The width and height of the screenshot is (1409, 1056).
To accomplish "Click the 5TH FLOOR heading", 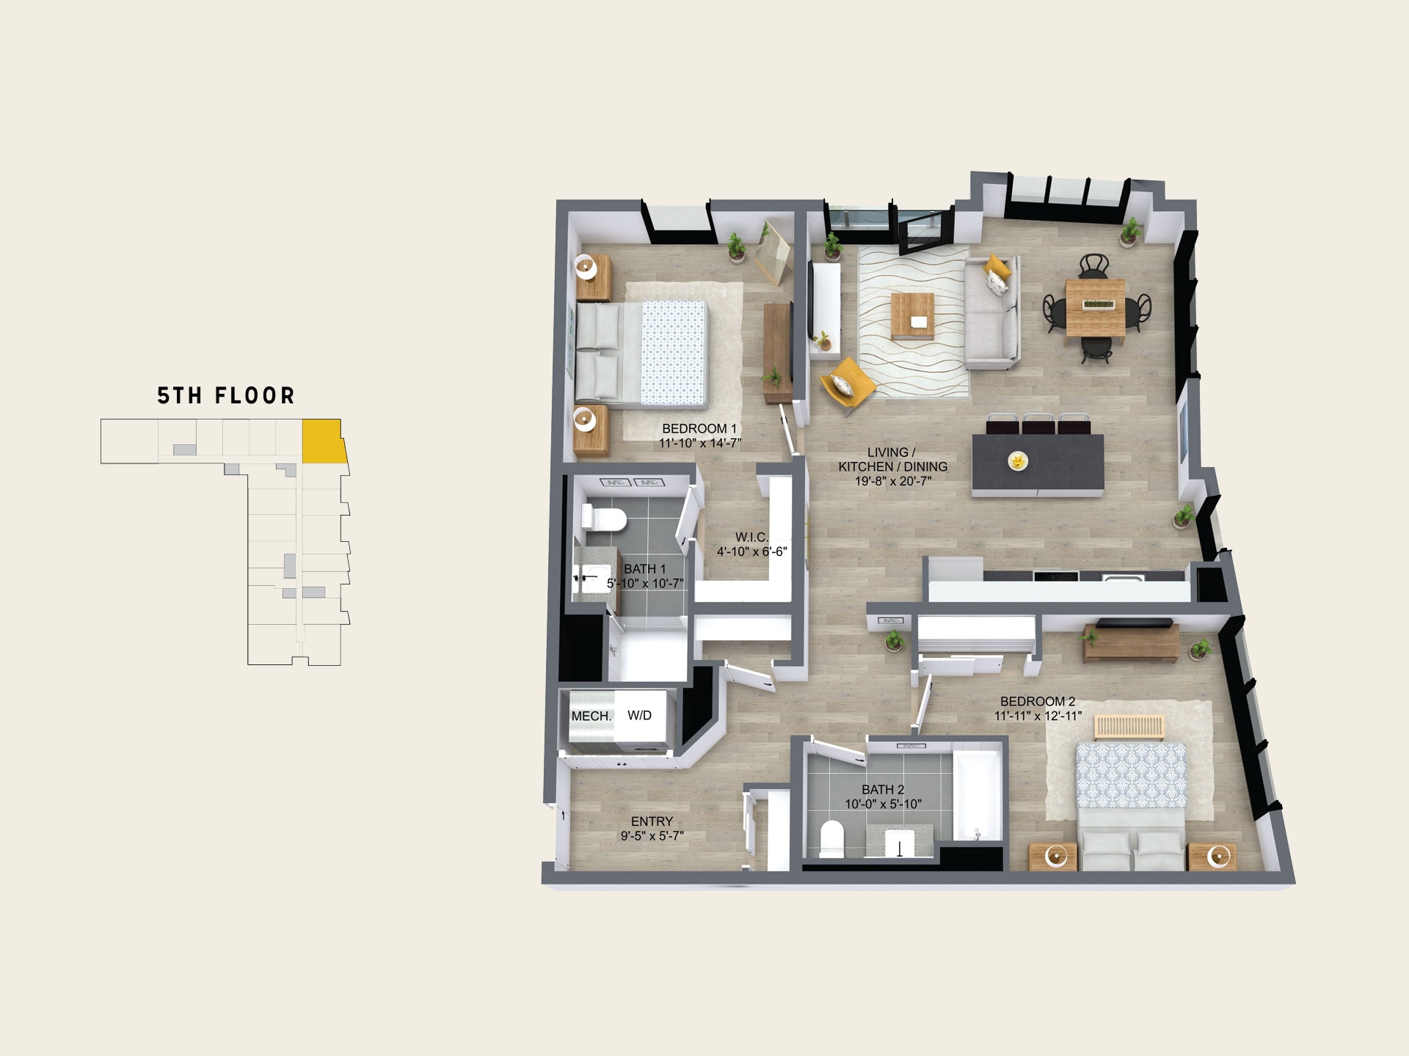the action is click(x=226, y=396).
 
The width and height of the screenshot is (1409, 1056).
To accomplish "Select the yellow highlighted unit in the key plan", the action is click(x=324, y=441).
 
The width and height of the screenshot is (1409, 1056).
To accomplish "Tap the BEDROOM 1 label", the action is click(x=699, y=428).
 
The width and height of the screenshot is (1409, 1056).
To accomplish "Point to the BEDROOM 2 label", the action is click(x=1038, y=701).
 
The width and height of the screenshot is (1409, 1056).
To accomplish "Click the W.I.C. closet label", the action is click(x=752, y=537).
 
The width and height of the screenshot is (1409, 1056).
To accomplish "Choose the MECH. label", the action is click(x=591, y=716).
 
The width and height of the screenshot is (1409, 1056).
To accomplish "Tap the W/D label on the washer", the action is click(x=639, y=715).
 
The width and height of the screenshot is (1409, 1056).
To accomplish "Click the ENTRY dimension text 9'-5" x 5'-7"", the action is click(x=652, y=835).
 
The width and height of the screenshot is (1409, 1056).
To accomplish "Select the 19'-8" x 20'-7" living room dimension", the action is click(x=893, y=481).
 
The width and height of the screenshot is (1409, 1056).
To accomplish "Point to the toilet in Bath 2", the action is click(x=831, y=839).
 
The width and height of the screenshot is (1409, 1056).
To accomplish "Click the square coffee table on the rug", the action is click(x=912, y=316).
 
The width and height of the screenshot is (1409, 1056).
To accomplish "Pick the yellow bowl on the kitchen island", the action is click(x=1018, y=461).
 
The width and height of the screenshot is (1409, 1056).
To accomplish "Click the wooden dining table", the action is click(x=1095, y=308).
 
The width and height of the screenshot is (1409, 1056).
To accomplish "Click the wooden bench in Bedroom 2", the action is click(x=1129, y=728).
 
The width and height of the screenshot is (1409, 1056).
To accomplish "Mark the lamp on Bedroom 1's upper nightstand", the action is click(x=586, y=267).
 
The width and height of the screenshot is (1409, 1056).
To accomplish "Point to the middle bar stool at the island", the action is click(x=1038, y=425).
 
